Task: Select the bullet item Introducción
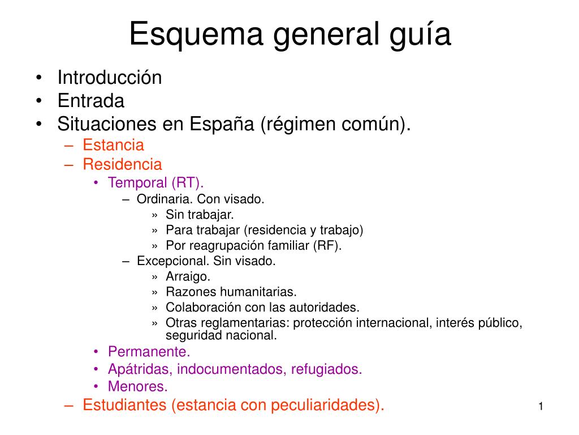click(110, 78)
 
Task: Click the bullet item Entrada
click(90, 101)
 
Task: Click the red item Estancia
click(113, 145)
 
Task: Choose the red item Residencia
click(122, 165)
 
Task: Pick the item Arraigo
click(188, 276)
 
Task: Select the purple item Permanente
click(145, 351)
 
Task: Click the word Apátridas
click(140, 369)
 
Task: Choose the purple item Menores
click(138, 387)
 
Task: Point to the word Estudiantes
click(125, 405)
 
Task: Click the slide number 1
click(541, 407)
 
